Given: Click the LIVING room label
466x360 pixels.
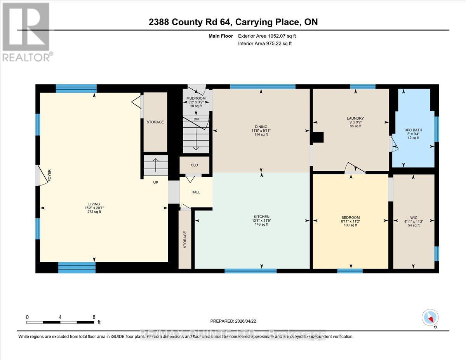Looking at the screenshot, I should pos(94,204).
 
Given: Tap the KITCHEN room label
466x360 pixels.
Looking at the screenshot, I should pos(261,217).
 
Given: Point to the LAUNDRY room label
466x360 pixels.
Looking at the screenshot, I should pos(355,118).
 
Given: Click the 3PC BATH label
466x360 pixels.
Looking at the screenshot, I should pos(412,130).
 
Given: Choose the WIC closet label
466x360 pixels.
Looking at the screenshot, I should pos(413,217).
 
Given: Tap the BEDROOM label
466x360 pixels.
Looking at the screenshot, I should pos(351,217).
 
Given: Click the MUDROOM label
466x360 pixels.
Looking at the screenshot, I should pos(196,99).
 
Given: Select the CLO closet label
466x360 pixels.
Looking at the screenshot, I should pos(195,165).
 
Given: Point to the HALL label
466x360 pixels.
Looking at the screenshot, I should pos(196,192).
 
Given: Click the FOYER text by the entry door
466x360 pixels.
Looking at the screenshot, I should pos(49,175).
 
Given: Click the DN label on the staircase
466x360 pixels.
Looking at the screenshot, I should pos(196,119).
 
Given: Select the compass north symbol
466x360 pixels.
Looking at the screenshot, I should pos(430,318).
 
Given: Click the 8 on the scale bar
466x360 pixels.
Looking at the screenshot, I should pos(94,317).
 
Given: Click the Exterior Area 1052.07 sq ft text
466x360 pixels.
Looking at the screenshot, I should pos(270,36).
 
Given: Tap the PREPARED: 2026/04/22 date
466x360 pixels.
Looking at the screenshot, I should pos(233,321).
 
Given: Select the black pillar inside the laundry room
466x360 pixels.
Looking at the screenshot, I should pos(318,137).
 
